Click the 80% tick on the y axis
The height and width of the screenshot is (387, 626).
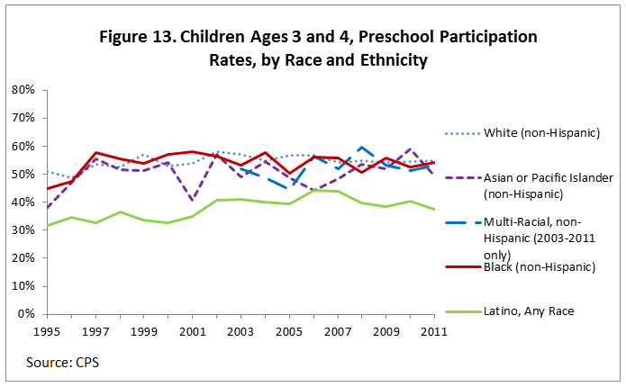22,90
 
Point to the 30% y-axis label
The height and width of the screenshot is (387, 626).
22,230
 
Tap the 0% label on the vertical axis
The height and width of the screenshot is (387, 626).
25,314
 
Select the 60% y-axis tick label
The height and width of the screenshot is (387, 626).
22,146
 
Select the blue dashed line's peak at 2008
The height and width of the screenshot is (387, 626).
361,148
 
